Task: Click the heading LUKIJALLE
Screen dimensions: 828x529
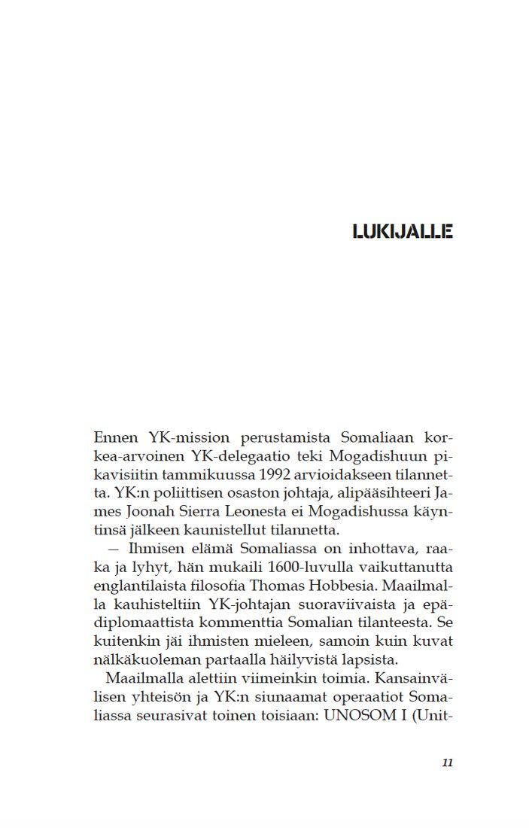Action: click(402, 231)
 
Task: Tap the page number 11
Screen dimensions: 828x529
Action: click(447, 763)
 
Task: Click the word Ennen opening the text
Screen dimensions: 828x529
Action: click(115, 437)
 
